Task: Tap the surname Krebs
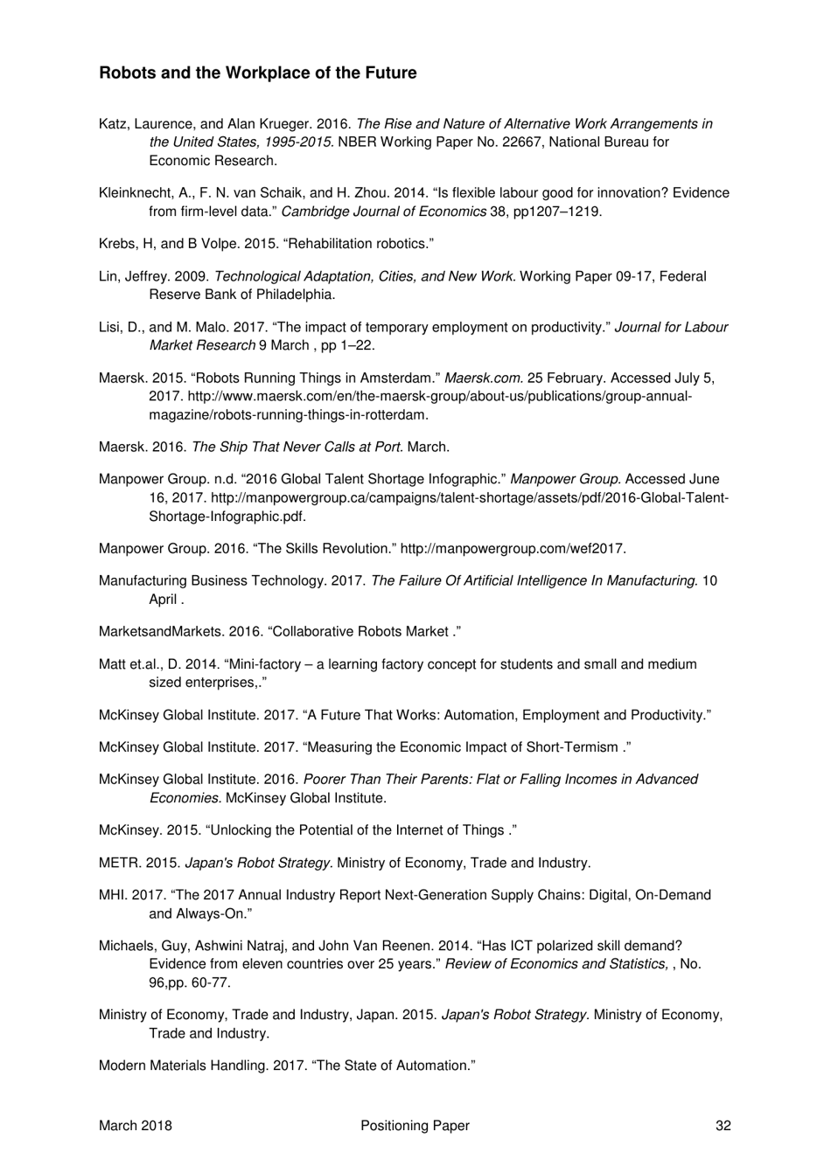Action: pyautogui.click(x=117, y=244)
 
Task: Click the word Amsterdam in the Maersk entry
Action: pyautogui.click(x=392, y=378)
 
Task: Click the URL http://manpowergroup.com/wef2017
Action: pyautogui.click(x=513, y=549)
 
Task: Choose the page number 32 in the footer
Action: pyautogui.click(x=723, y=1126)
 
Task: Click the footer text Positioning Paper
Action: pyautogui.click(x=415, y=1126)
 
